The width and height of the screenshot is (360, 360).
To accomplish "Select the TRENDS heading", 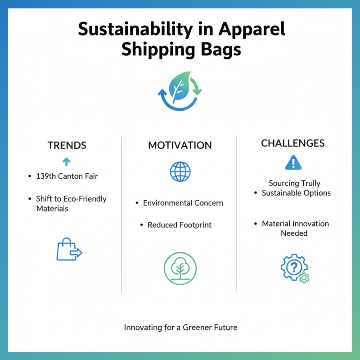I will [67, 145].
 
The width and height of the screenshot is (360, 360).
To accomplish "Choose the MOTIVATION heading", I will [180, 145].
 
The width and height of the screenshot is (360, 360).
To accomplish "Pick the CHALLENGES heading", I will [293, 143].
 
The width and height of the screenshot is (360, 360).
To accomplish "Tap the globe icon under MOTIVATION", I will [180, 171].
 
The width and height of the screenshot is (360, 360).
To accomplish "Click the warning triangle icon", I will [293, 162].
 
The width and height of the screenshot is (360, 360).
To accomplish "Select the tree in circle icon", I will [180, 268].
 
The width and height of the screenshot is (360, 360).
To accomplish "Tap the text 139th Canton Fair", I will [67, 176].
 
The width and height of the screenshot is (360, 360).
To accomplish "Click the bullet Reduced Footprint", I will [180, 225].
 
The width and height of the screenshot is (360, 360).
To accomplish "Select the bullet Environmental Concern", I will [183, 203].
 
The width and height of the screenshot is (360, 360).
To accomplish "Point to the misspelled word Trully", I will [311, 183].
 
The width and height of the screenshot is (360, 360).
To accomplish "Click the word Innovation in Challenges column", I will [310, 224].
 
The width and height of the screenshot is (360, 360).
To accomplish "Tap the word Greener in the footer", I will [200, 328].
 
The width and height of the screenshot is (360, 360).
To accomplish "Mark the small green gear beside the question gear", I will [305, 277].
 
